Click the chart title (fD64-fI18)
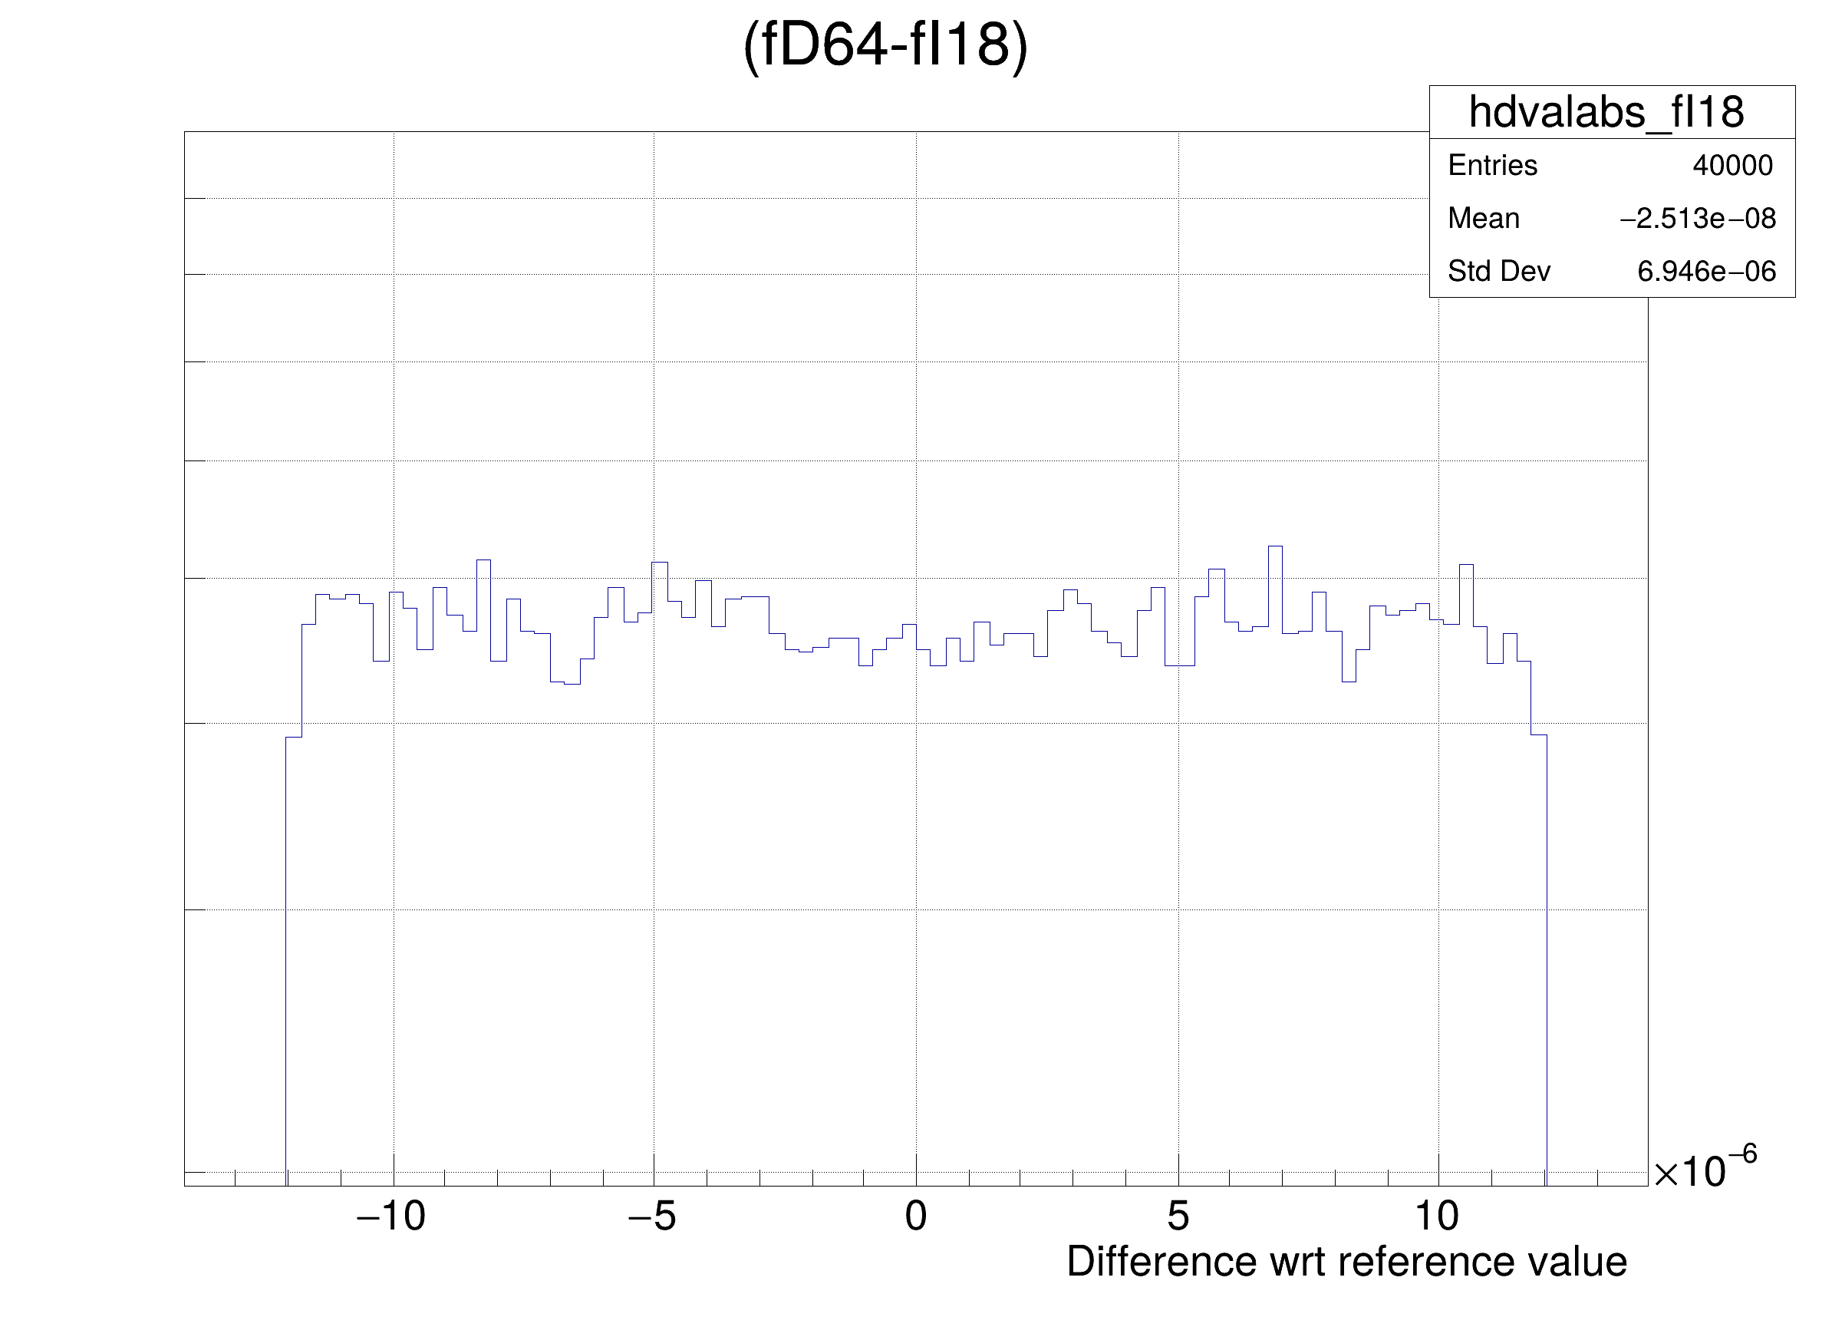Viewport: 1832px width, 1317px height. coord(885,45)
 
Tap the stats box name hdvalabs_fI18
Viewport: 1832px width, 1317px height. coord(1606,112)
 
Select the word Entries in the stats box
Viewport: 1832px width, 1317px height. coord(1492,166)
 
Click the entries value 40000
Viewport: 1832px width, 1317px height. coord(1732,166)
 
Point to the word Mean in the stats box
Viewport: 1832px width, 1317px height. coord(1483,218)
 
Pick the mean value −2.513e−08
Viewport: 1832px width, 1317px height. coord(1697,218)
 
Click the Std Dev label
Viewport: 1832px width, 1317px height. coord(1498,272)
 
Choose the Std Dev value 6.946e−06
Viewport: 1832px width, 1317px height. coord(1706,272)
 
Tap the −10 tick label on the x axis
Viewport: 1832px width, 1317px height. coord(391,1216)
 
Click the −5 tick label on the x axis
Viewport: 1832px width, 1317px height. coord(652,1216)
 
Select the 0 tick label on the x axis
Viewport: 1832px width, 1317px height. coord(915,1216)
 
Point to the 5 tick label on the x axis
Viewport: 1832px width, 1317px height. coord(1178,1216)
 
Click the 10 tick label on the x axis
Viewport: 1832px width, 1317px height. coord(1437,1216)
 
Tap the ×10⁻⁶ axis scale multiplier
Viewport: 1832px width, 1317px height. coord(1705,1168)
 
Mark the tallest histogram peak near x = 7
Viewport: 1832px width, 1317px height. coord(1274,548)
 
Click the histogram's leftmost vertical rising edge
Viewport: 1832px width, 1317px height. coord(286,953)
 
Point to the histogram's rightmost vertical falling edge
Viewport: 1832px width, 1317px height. coord(1546,953)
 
